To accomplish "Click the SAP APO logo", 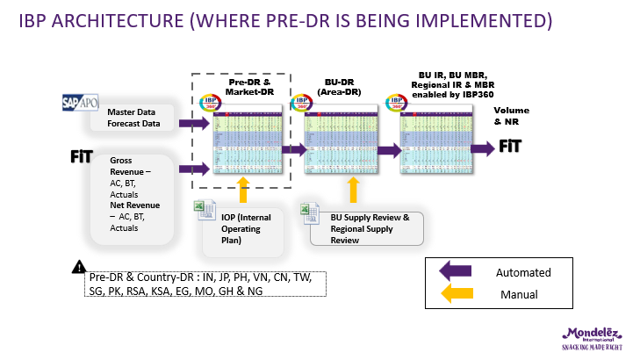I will (82, 102).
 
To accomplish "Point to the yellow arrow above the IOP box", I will (245, 186).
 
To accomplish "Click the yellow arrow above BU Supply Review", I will (354, 189).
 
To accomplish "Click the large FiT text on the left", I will (82, 156).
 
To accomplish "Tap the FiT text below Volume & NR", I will (513, 147).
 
